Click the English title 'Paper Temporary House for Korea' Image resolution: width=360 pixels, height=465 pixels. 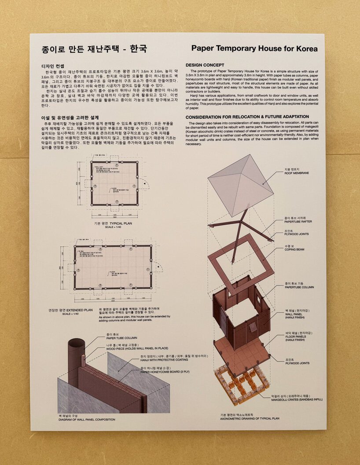click(x=254, y=49)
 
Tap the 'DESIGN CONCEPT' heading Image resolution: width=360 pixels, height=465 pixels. click(x=205, y=65)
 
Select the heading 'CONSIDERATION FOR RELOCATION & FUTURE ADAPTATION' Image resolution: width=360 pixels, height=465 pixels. click(x=247, y=117)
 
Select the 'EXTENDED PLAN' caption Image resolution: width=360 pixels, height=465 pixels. click(x=77, y=310)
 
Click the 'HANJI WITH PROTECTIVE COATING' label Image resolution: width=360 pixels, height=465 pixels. click(x=167, y=360)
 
